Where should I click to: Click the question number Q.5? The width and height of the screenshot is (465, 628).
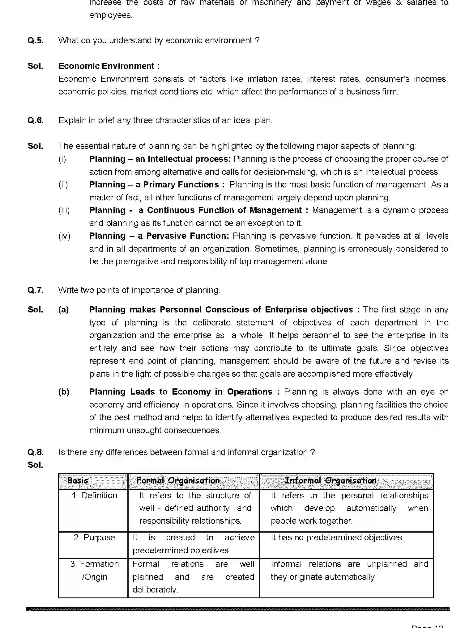click(36, 40)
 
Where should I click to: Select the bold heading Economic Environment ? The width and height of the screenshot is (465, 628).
click(109, 66)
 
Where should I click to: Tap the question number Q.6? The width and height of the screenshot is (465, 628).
click(36, 120)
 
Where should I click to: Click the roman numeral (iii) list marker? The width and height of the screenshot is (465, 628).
click(64, 210)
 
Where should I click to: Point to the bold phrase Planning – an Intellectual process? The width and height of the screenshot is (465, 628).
click(160, 159)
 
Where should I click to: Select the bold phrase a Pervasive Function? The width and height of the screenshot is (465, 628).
click(184, 236)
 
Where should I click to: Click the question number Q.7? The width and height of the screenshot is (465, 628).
click(36, 290)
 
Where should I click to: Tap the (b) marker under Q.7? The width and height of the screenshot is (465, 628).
click(64, 392)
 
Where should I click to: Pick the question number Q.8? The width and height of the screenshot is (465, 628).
click(36, 452)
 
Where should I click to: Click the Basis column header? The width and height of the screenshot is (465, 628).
click(78, 480)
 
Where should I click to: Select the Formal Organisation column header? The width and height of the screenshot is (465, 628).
click(178, 480)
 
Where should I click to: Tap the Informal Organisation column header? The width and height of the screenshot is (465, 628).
click(330, 480)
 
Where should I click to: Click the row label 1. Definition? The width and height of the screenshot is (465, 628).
click(94, 496)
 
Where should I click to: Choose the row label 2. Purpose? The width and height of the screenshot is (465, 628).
click(94, 538)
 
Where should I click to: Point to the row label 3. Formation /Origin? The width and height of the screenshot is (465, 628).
click(94, 570)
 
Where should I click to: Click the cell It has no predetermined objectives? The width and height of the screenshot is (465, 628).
click(337, 538)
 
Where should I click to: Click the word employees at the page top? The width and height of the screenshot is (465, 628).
click(110, 15)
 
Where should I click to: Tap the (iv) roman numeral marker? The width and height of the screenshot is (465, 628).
click(64, 236)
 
